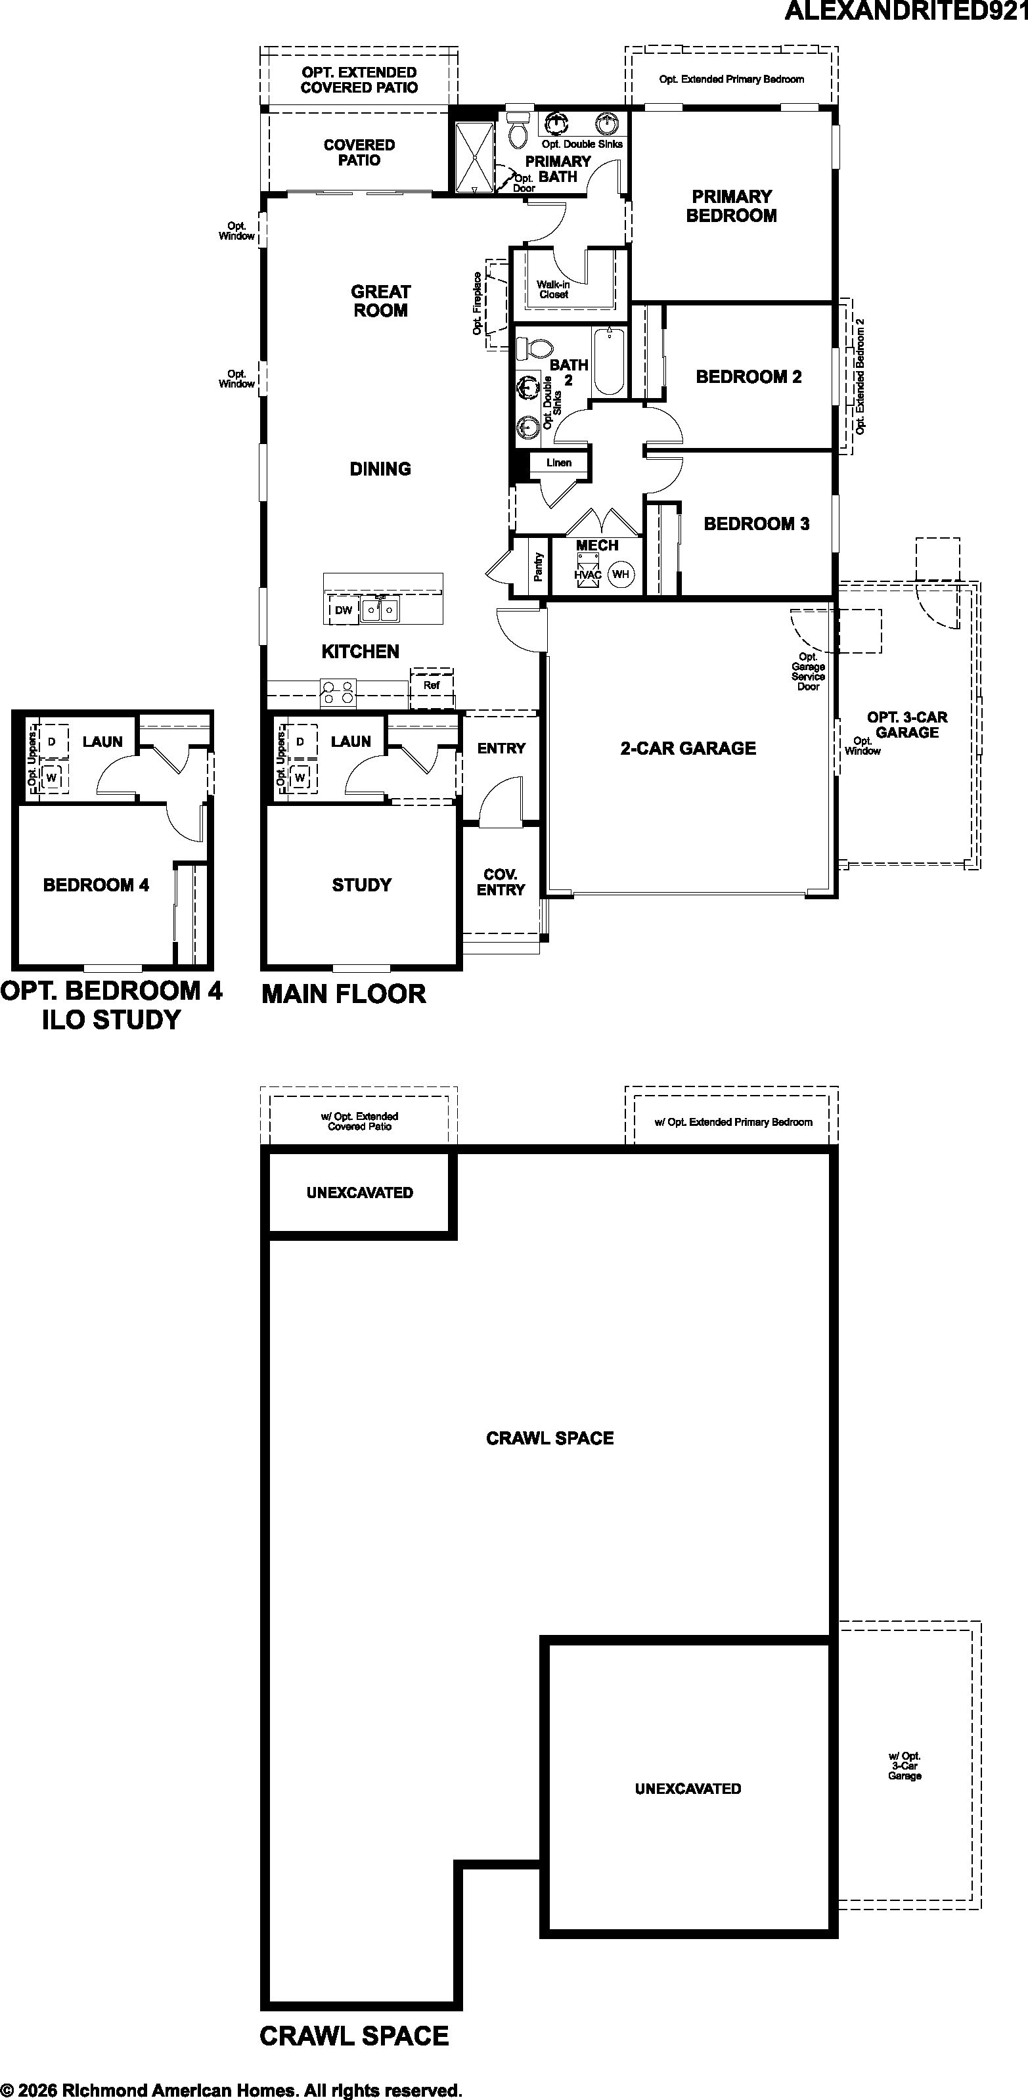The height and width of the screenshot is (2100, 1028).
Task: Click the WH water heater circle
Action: pos(621,574)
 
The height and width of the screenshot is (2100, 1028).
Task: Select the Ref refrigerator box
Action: pos(432,684)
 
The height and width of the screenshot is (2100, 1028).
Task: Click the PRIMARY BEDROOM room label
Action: pos(731,206)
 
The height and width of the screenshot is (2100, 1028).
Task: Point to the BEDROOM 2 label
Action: pos(748,376)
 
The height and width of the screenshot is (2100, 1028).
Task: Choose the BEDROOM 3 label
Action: pos(757,524)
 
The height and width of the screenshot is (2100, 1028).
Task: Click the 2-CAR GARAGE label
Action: pos(688,748)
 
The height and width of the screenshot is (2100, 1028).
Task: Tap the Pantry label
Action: pos(539,567)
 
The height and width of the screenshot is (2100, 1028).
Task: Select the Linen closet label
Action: pos(559,463)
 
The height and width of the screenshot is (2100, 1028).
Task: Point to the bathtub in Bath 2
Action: pos(609,361)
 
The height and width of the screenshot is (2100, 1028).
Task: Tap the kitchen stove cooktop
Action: pos(338,693)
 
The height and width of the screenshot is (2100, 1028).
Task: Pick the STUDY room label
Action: pos(362,885)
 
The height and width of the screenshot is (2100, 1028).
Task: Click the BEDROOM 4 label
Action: pos(96,885)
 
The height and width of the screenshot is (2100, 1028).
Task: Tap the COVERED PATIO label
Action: pos(359,152)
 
